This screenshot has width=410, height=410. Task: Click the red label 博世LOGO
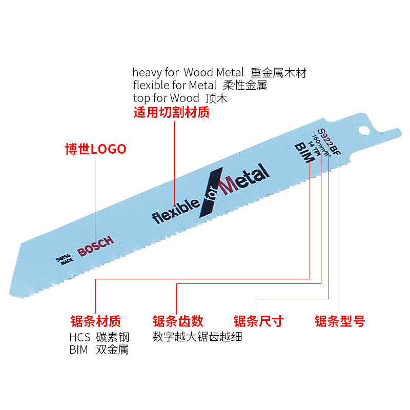(x=95, y=149)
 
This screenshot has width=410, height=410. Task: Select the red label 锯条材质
(x=95, y=321)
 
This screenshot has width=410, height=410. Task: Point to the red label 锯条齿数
(x=178, y=321)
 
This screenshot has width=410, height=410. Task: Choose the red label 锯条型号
(x=339, y=321)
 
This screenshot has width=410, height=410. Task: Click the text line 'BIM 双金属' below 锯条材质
(x=99, y=350)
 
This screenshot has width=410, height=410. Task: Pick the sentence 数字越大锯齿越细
(x=197, y=337)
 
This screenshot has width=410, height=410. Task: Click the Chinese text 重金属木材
(x=278, y=73)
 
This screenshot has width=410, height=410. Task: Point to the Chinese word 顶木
(x=216, y=97)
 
